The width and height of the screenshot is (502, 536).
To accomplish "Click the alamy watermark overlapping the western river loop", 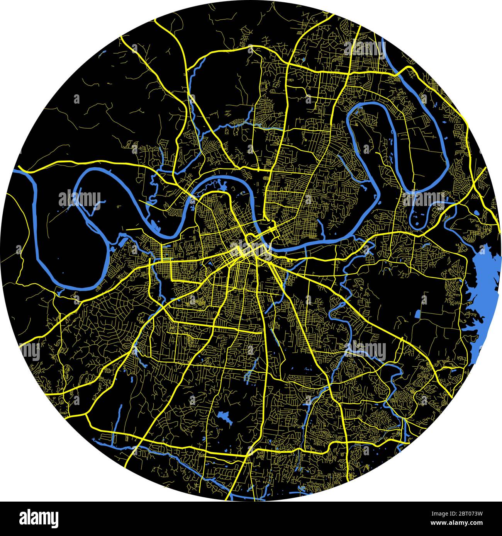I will point(79,199).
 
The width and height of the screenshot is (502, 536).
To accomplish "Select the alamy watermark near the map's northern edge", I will point(365,48).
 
